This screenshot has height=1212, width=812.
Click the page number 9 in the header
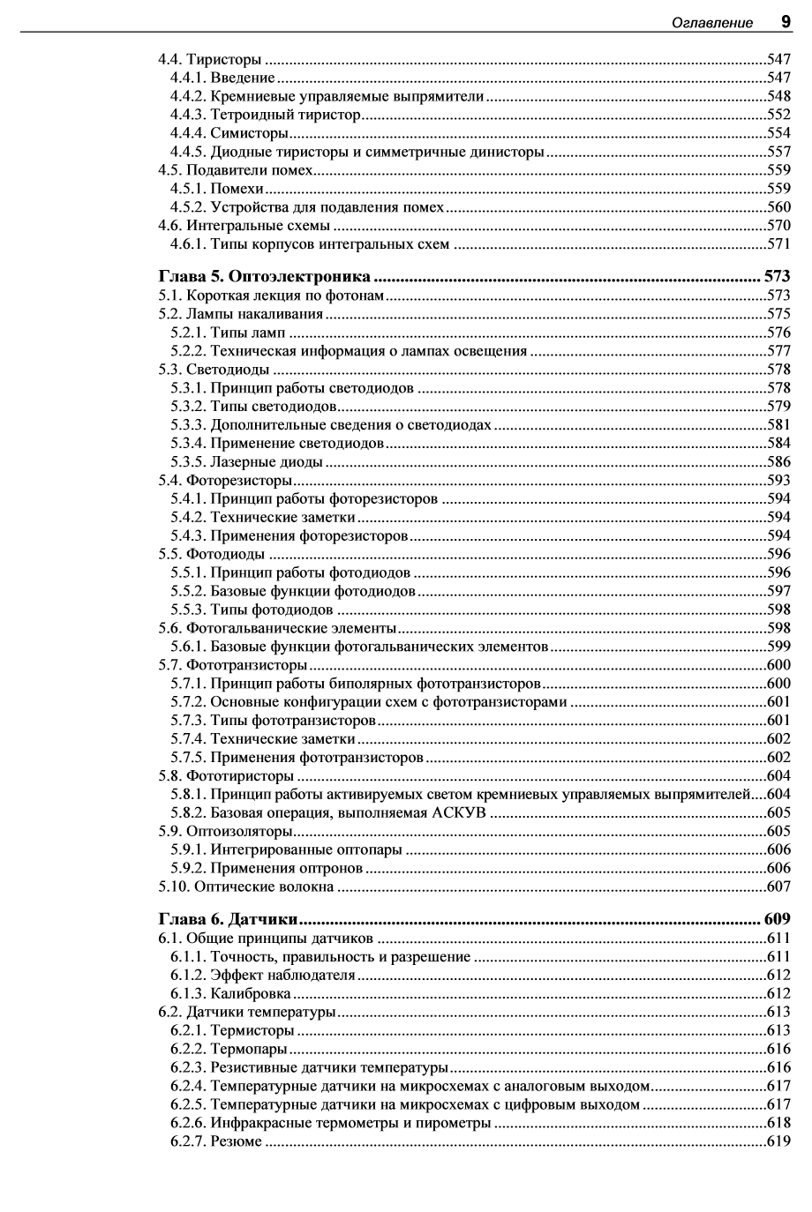pyautogui.click(x=784, y=21)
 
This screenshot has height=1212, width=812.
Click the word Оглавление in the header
pyautogui.click(x=712, y=23)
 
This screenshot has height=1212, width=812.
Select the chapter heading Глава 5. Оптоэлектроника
pyautogui.click(x=263, y=276)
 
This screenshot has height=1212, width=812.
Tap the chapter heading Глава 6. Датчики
pyautogui.click(x=228, y=919)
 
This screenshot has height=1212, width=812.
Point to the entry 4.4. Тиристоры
pyautogui.click(x=210, y=60)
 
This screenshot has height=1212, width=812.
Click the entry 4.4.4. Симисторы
pyautogui.click(x=229, y=133)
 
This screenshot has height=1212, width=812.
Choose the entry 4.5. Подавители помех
pyautogui.click(x=236, y=170)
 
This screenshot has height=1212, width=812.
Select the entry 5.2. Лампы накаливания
pyautogui.click(x=241, y=313)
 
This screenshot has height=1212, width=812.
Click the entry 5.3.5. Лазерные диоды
pyautogui.click(x=246, y=461)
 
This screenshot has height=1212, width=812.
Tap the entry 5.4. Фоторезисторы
pyautogui.click(x=225, y=480)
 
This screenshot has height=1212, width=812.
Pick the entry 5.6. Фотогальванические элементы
pyautogui.click(x=277, y=628)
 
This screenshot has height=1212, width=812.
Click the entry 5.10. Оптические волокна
pyautogui.click(x=246, y=886)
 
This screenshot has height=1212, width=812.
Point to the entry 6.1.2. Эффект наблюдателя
pyautogui.click(x=263, y=975)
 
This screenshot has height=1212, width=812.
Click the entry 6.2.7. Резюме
pyautogui.click(x=216, y=1141)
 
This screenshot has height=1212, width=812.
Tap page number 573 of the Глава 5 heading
pyautogui.click(x=776, y=276)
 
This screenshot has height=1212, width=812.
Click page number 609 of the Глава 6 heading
pyautogui.click(x=776, y=919)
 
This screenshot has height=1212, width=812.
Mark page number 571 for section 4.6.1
pyautogui.click(x=778, y=244)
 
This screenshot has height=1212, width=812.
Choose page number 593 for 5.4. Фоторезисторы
pyautogui.click(x=778, y=480)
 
